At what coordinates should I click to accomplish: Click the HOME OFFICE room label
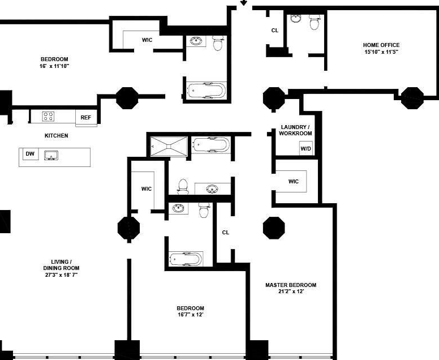381,45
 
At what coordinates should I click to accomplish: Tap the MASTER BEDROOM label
291,285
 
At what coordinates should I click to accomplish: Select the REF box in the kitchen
86,117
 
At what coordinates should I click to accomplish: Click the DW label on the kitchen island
30,153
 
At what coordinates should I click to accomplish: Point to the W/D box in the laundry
305,148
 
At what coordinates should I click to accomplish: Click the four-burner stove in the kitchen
48,116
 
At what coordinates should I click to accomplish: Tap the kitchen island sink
51,156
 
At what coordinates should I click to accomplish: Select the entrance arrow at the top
244,2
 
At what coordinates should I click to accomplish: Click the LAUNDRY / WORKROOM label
295,130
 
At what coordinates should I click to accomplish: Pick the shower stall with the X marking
169,146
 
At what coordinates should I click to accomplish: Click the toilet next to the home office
315,22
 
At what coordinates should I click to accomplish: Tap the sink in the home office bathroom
295,19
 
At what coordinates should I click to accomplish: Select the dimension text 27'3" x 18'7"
61,275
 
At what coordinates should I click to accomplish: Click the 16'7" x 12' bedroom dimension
191,314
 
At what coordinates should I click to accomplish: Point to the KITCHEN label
56,136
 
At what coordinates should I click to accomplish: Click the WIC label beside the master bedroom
294,182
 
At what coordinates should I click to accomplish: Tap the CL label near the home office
274,30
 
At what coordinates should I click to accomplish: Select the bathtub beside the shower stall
211,144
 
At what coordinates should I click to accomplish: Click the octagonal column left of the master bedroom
274,228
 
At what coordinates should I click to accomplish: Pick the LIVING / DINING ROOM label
61,265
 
